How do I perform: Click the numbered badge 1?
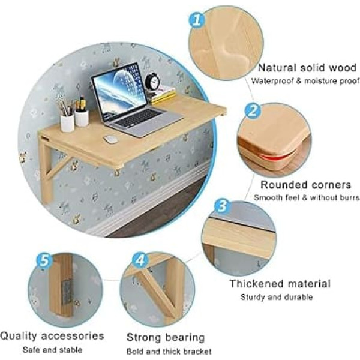click(197, 20)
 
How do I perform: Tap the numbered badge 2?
click(253, 110)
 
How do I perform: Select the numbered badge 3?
click(222, 205)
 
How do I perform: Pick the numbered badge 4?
click(140, 260)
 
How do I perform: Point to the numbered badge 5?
click(44, 260)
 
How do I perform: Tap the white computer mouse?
click(110, 139)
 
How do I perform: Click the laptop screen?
click(119, 91)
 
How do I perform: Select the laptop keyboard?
click(138, 118)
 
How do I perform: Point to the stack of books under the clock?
click(163, 95)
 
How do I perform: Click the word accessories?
click(73, 336)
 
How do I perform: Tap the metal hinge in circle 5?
click(67, 292)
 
